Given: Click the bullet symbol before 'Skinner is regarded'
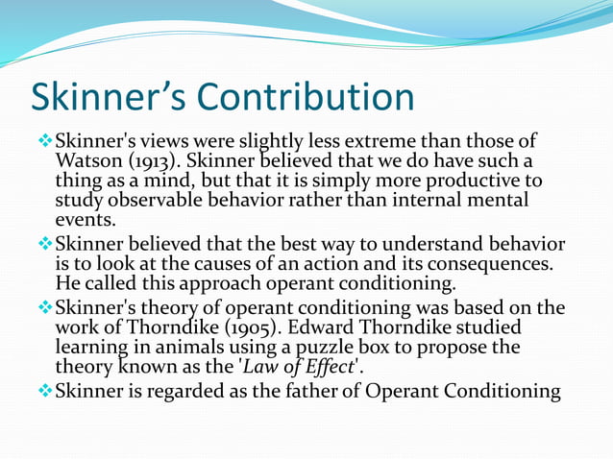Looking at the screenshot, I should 44,390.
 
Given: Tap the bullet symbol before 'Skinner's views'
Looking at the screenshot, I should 44,140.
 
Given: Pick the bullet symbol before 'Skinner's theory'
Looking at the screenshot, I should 44,306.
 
